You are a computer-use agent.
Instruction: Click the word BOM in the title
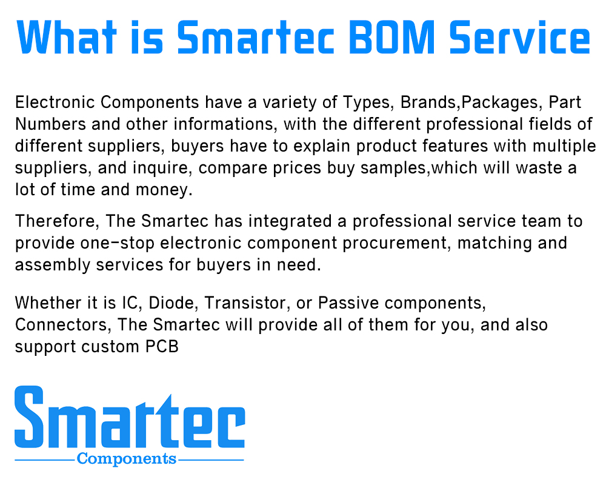point(392,37)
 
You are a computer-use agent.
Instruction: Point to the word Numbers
point(51,124)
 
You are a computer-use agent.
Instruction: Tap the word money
point(164,190)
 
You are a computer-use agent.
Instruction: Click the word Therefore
point(58,221)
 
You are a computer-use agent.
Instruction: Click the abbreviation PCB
point(162,347)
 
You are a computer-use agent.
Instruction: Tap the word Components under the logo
point(127,459)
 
